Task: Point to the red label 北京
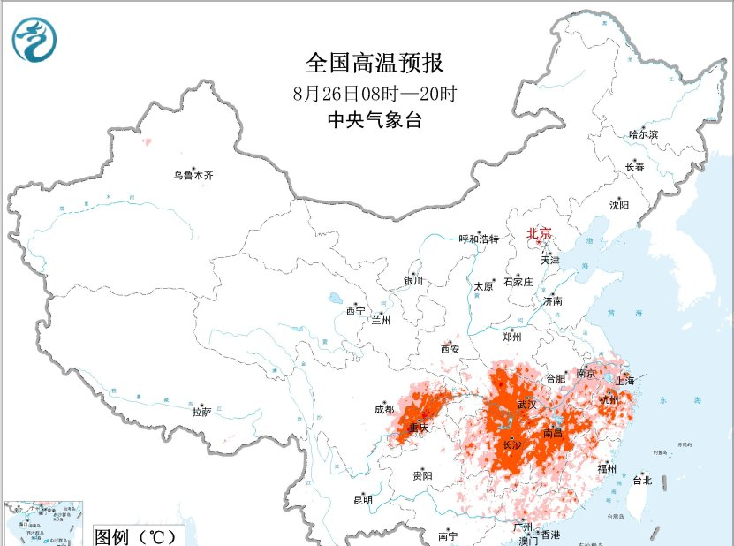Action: click(539, 234)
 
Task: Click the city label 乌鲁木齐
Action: click(193, 176)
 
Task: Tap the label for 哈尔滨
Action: click(643, 134)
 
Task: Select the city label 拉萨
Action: click(201, 412)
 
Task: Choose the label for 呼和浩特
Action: click(479, 239)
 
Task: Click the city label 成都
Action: click(384, 409)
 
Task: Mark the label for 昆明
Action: click(363, 500)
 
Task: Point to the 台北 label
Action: click(641, 481)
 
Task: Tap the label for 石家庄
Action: click(518, 282)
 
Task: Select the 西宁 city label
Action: click(355, 310)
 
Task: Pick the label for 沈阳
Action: click(619, 205)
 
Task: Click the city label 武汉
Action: click(526, 404)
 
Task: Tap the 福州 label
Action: click(606, 468)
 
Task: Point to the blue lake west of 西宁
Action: click(337, 299)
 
